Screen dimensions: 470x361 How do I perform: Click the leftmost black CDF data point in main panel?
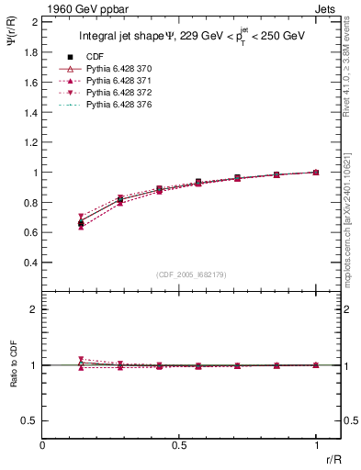tap(82, 223)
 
